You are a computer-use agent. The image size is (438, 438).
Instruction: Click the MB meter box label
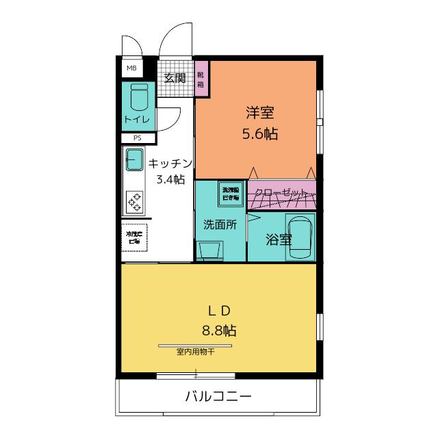click(131, 69)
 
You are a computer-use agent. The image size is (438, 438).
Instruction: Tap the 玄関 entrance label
click(175, 78)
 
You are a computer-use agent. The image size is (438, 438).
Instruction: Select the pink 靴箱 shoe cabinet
click(201, 79)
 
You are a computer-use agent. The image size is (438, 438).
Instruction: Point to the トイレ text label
click(139, 120)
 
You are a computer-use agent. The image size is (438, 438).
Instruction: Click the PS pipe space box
click(138, 138)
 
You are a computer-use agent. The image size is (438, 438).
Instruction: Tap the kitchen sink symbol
click(134, 161)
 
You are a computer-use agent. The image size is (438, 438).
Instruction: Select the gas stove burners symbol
click(134, 201)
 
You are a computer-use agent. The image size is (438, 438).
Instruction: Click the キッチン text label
click(170, 164)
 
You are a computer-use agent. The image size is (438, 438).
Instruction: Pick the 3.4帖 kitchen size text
click(170, 179)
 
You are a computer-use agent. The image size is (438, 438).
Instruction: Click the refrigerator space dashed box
click(133, 237)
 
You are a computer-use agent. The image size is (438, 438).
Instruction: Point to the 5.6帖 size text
click(260, 133)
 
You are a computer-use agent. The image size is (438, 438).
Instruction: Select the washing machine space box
click(230, 192)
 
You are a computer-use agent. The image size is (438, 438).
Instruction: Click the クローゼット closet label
click(281, 193)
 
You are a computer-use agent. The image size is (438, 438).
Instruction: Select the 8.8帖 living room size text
click(219, 331)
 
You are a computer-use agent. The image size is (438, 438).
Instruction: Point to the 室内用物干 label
click(196, 352)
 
